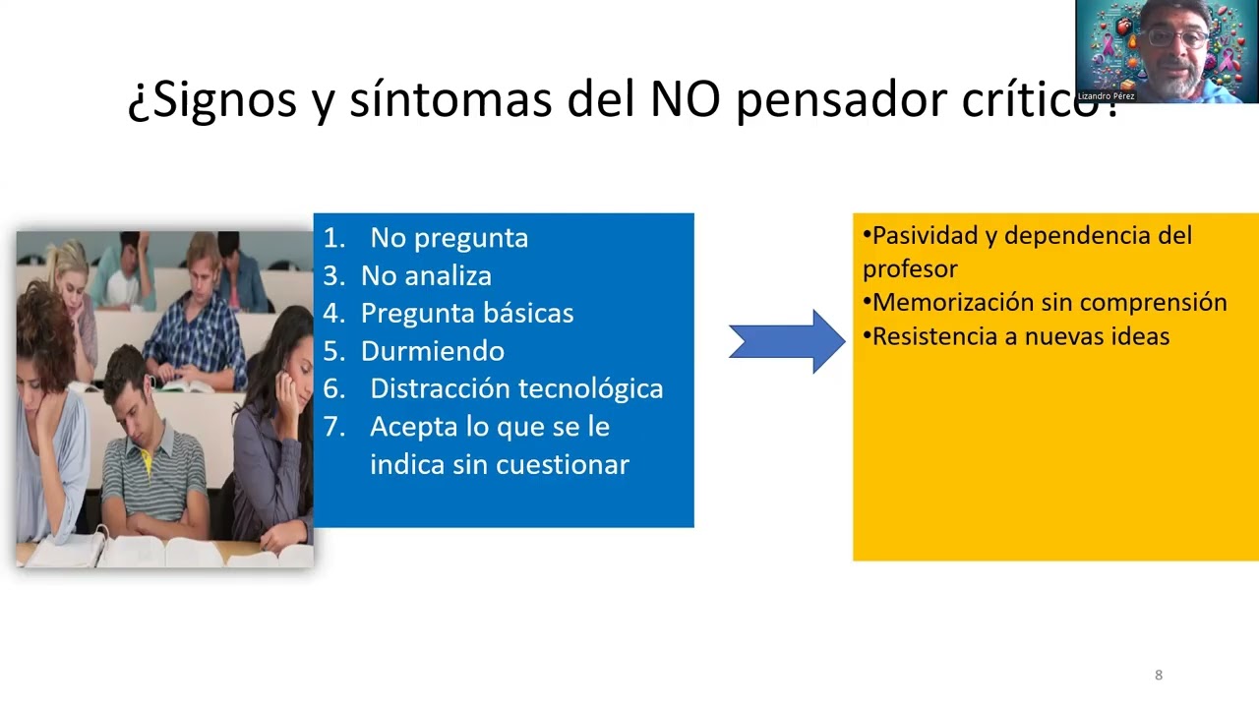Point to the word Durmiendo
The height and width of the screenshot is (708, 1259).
click(432, 351)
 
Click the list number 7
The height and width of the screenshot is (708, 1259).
click(333, 427)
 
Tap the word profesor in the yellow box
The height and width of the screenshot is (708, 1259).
click(910, 269)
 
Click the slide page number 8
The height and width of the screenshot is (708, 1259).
click(1159, 675)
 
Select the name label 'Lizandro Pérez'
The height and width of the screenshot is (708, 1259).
click(1107, 96)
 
